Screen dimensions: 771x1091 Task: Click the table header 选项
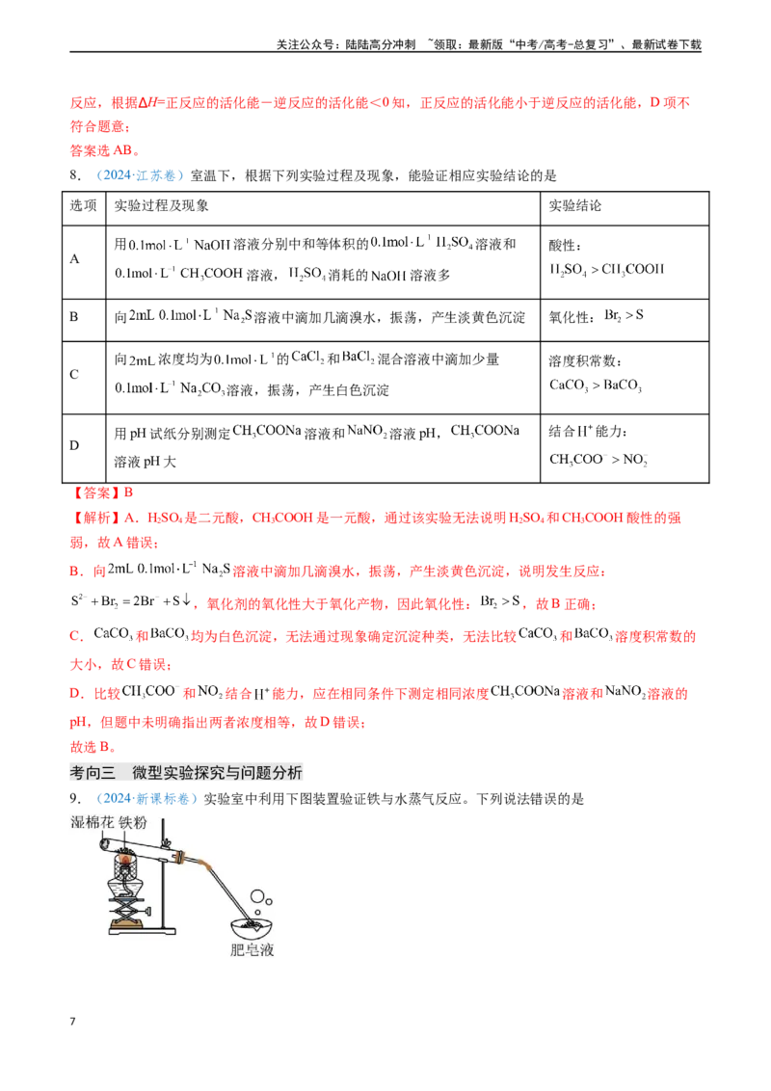coord(83,206)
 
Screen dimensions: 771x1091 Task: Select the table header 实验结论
coord(574,206)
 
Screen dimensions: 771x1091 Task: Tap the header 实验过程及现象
coord(162,206)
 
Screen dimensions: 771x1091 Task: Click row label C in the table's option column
coord(74,374)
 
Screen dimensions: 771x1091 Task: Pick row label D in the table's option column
coord(74,445)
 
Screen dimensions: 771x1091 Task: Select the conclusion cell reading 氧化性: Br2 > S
coord(597,316)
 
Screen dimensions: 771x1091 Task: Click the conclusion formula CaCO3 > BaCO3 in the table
coord(596,386)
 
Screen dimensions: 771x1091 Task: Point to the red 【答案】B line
coord(101,493)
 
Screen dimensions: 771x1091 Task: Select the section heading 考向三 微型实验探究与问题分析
coord(186,772)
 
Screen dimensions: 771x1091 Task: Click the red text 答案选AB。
coord(105,150)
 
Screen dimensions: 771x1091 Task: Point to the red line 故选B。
coord(93,747)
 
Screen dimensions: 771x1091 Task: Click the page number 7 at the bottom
coord(72,1022)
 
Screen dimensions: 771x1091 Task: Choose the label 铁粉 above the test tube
coord(133,822)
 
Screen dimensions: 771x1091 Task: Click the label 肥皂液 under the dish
coord(252,949)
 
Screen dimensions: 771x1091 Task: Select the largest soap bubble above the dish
coord(257,895)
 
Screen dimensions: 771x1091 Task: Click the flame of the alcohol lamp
coord(125,861)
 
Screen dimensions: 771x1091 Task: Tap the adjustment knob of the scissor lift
coord(147,912)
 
